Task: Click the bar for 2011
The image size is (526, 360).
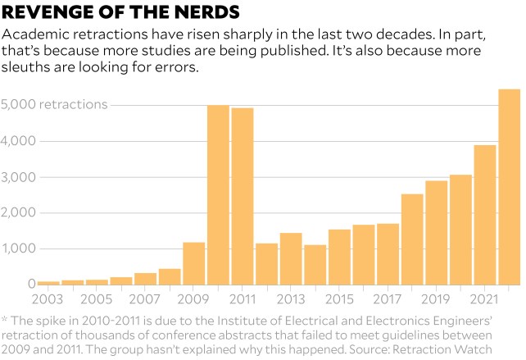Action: pyautogui.click(x=243, y=197)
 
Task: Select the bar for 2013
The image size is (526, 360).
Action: pyautogui.click(x=291, y=258)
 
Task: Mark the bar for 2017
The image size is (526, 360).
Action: pyautogui.click(x=388, y=254)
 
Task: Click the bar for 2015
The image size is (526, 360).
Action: pyautogui.click(x=339, y=257)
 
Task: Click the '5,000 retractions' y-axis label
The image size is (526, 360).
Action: pyautogui.click(x=54, y=105)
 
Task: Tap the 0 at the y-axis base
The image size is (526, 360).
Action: pyautogui.click(x=30, y=284)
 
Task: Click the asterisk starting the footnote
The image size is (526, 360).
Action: pyautogui.click(x=5, y=318)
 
